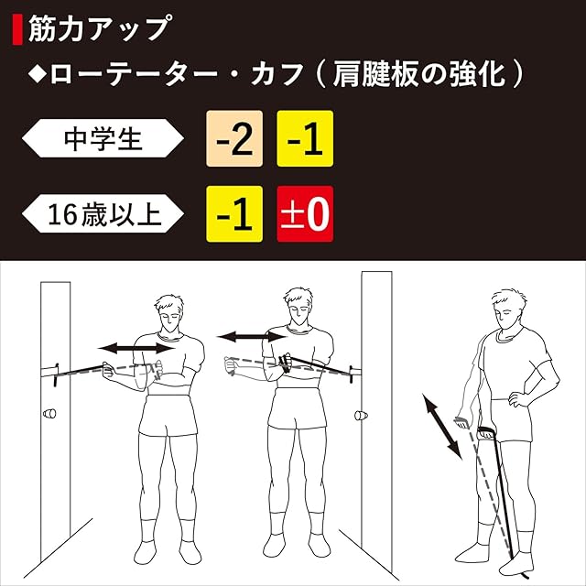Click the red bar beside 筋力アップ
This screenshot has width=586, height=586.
tap(17, 29)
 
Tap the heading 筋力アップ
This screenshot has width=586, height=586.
tap(100, 28)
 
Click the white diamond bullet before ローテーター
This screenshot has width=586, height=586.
tap(38, 74)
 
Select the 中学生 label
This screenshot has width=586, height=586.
tap(103, 138)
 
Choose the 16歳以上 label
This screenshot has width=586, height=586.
tap(103, 213)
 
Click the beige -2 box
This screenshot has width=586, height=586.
tap(234, 138)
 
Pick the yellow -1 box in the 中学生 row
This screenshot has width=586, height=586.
tap(305, 138)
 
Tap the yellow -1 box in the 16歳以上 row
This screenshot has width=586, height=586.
tap(234, 214)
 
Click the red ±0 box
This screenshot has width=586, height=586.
tap(305, 214)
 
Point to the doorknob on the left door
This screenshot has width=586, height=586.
tap(49, 414)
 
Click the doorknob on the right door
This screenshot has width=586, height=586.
tap(361, 415)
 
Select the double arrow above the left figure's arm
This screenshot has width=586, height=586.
tap(136, 349)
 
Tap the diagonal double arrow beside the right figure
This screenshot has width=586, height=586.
tap(442, 426)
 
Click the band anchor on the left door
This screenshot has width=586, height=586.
tap(56, 374)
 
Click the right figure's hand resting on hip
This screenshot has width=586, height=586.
tap(516, 396)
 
